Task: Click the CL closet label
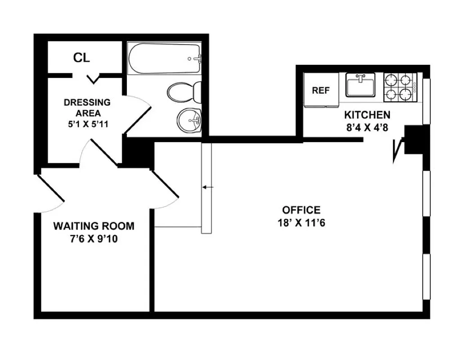pyautogui.click(x=81, y=58)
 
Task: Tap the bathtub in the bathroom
pyautogui.click(x=164, y=59)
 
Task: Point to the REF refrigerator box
pyautogui.click(x=321, y=90)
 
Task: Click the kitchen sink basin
pyautogui.click(x=360, y=85)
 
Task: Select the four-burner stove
pyautogui.click(x=400, y=87)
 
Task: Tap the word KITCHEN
pyautogui.click(x=367, y=115)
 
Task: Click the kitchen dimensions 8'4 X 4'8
pyautogui.click(x=367, y=127)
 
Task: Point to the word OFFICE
pyautogui.click(x=301, y=210)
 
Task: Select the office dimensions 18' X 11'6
pyautogui.click(x=301, y=223)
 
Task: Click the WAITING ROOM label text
pyautogui.click(x=94, y=226)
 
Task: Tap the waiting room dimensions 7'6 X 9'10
pyautogui.click(x=94, y=239)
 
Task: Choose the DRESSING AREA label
pyautogui.click(x=87, y=108)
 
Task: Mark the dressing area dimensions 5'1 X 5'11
pyautogui.click(x=87, y=124)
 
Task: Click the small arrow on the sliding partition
pyautogui.click(x=208, y=187)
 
